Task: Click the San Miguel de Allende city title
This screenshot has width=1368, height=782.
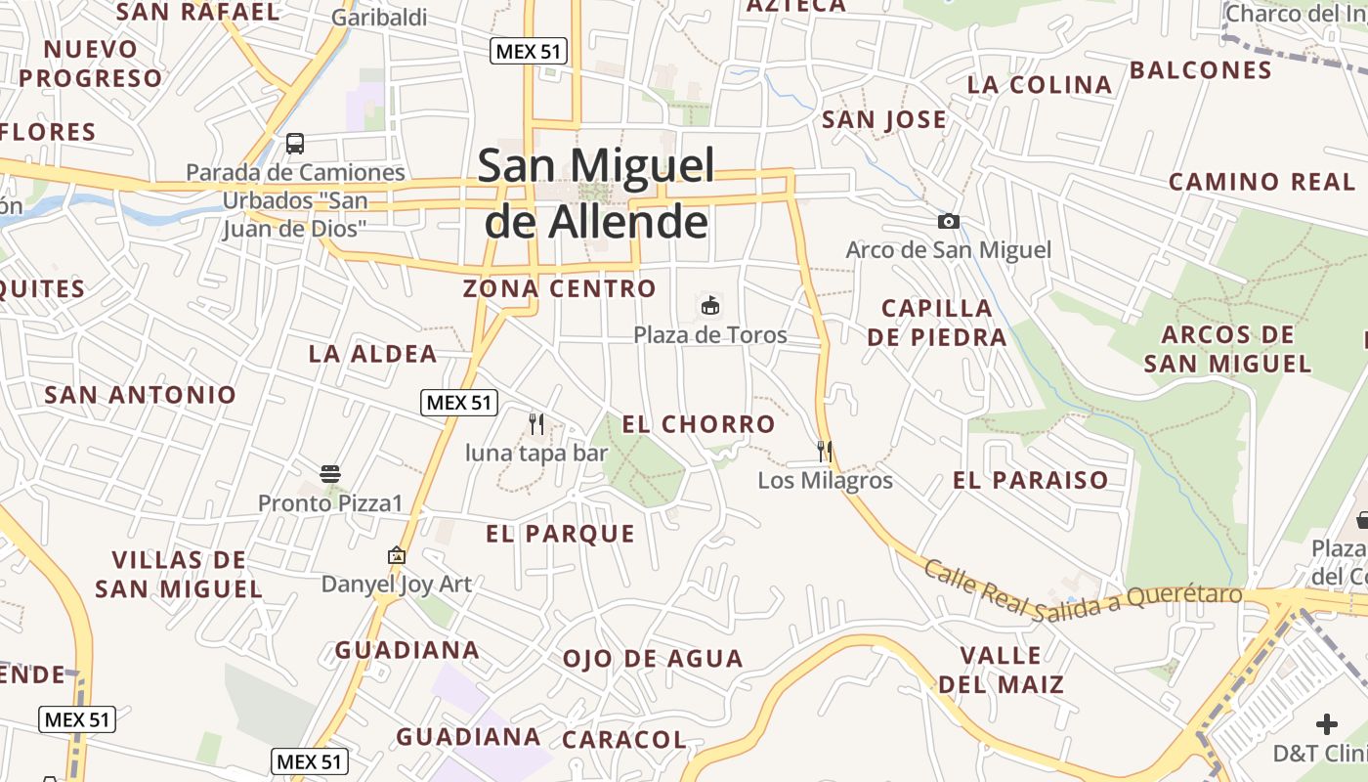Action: click(x=596, y=194)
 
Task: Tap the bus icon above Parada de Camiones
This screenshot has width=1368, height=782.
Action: click(x=295, y=144)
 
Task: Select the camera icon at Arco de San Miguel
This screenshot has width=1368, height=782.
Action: click(x=948, y=222)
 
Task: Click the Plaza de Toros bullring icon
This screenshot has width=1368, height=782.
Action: click(x=710, y=306)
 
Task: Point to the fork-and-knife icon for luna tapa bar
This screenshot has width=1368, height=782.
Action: click(x=535, y=423)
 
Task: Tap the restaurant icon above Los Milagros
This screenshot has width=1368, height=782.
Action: click(x=825, y=451)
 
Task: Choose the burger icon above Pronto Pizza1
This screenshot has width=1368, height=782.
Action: click(x=329, y=474)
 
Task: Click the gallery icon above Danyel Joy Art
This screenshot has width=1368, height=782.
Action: click(x=396, y=555)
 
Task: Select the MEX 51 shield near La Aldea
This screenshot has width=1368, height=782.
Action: click(x=459, y=402)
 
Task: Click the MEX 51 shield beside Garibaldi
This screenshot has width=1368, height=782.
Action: click(x=529, y=52)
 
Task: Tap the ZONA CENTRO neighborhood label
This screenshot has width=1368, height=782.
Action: click(x=559, y=288)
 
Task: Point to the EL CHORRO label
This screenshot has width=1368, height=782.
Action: click(x=699, y=424)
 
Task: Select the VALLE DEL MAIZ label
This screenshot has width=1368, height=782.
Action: click(x=1001, y=670)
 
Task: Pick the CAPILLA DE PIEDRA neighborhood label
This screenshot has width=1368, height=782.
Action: click(x=936, y=323)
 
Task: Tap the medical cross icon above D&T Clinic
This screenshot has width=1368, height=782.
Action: click(x=1326, y=724)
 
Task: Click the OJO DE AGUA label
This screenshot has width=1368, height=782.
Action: click(x=653, y=659)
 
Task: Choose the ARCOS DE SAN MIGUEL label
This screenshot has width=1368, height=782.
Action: click(x=1227, y=349)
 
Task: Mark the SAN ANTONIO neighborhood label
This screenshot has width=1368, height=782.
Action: click(x=141, y=395)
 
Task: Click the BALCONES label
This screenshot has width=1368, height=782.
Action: click(x=1200, y=70)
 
